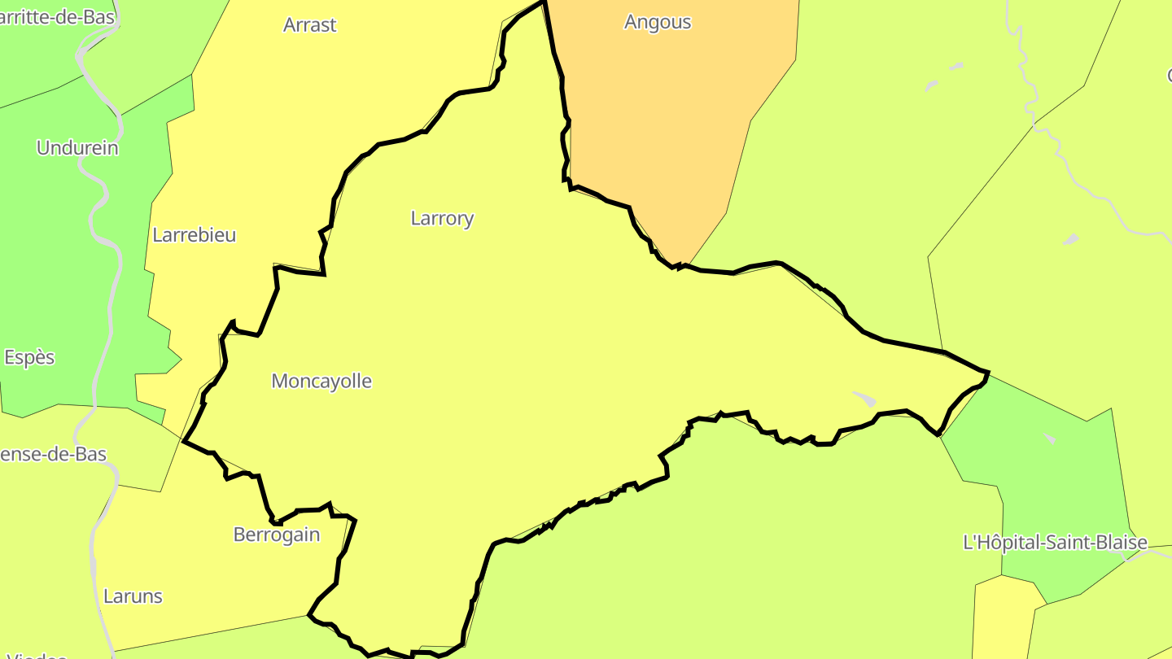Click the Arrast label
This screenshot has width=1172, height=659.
click(x=309, y=25)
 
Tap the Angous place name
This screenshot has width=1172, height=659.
click(x=658, y=22)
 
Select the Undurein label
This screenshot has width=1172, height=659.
click(x=77, y=148)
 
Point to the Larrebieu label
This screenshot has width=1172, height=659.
click(x=195, y=235)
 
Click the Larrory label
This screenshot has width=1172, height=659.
click(x=442, y=218)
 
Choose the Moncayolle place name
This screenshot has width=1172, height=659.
click(x=321, y=381)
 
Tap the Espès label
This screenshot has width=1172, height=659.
click(x=29, y=357)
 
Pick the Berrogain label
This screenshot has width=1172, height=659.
click(x=277, y=535)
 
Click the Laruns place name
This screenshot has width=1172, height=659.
click(x=133, y=596)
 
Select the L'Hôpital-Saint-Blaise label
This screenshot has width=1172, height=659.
click(x=1055, y=543)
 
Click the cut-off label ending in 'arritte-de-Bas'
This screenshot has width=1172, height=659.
click(x=57, y=17)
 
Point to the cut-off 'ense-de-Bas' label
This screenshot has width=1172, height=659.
click(x=54, y=454)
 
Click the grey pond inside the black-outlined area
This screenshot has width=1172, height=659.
click(x=864, y=399)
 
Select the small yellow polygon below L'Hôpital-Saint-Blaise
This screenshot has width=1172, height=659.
click(x=1005, y=618)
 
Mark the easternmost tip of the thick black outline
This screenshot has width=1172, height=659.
click(x=988, y=373)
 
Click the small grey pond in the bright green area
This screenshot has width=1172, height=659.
click(x=1050, y=439)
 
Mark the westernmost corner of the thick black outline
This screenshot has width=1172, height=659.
click(x=184, y=442)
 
